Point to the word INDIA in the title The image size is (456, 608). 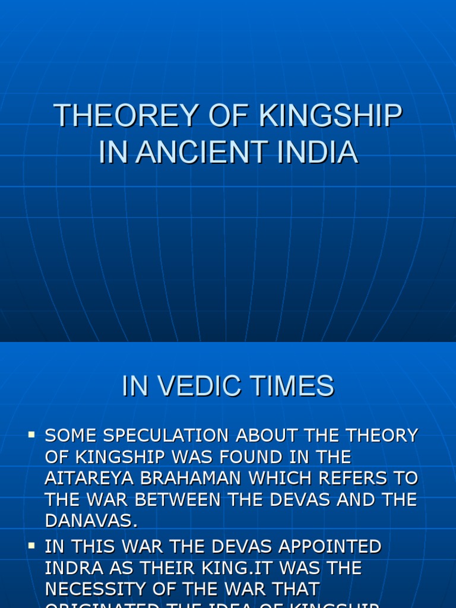(x=323, y=151)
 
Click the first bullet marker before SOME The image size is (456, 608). (x=31, y=436)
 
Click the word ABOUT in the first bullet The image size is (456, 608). (x=272, y=436)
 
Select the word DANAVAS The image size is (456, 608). (x=91, y=521)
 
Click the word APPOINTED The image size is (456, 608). (x=323, y=547)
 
